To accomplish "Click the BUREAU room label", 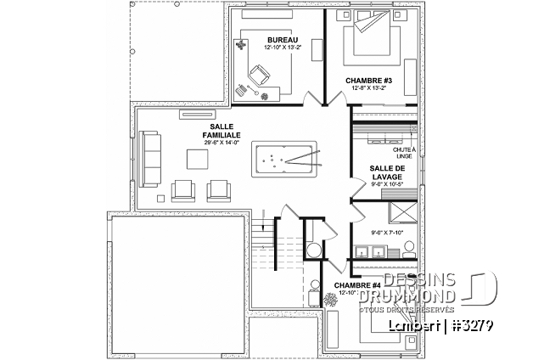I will [x=275, y=40].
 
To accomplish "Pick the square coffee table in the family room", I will [x=194, y=159].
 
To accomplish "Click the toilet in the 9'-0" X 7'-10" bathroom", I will [x=408, y=247].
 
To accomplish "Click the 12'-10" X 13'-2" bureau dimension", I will [x=275, y=49].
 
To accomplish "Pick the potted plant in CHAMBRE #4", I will [x=331, y=299].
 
